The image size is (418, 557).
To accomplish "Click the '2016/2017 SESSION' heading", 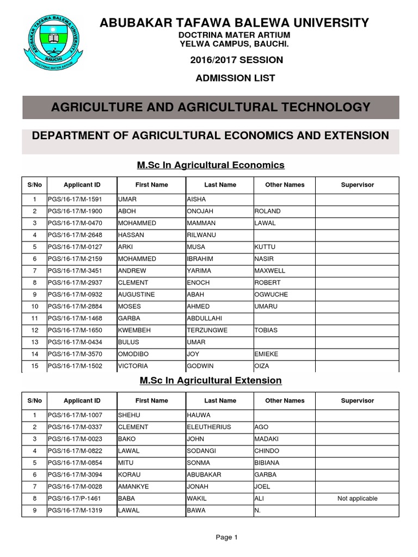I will (x=236, y=60).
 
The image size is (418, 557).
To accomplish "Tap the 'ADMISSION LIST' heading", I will (x=236, y=78).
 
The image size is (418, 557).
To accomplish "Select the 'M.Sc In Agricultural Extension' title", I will (x=211, y=380).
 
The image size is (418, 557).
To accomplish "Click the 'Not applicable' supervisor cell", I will (x=357, y=498).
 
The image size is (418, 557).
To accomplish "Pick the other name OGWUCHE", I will (x=271, y=294).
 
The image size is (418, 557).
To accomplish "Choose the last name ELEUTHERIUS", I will (x=208, y=427).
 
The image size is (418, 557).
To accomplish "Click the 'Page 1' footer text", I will (x=227, y=537).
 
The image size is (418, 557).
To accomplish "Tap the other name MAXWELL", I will (x=269, y=270).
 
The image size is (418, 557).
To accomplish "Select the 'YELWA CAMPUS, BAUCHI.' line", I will (x=235, y=43).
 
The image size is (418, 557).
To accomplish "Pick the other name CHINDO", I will (x=266, y=451).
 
